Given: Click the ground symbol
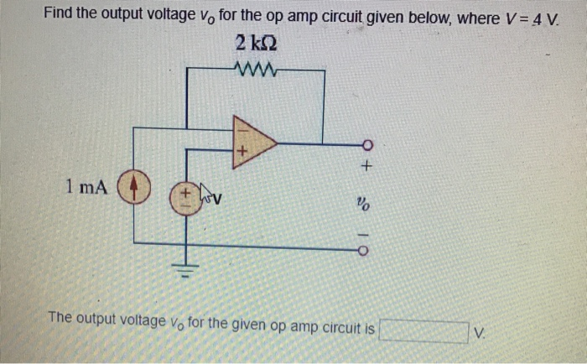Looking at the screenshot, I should [x=185, y=268].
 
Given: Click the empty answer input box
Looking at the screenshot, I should [x=423, y=331].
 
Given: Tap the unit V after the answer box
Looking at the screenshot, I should [x=478, y=332].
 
